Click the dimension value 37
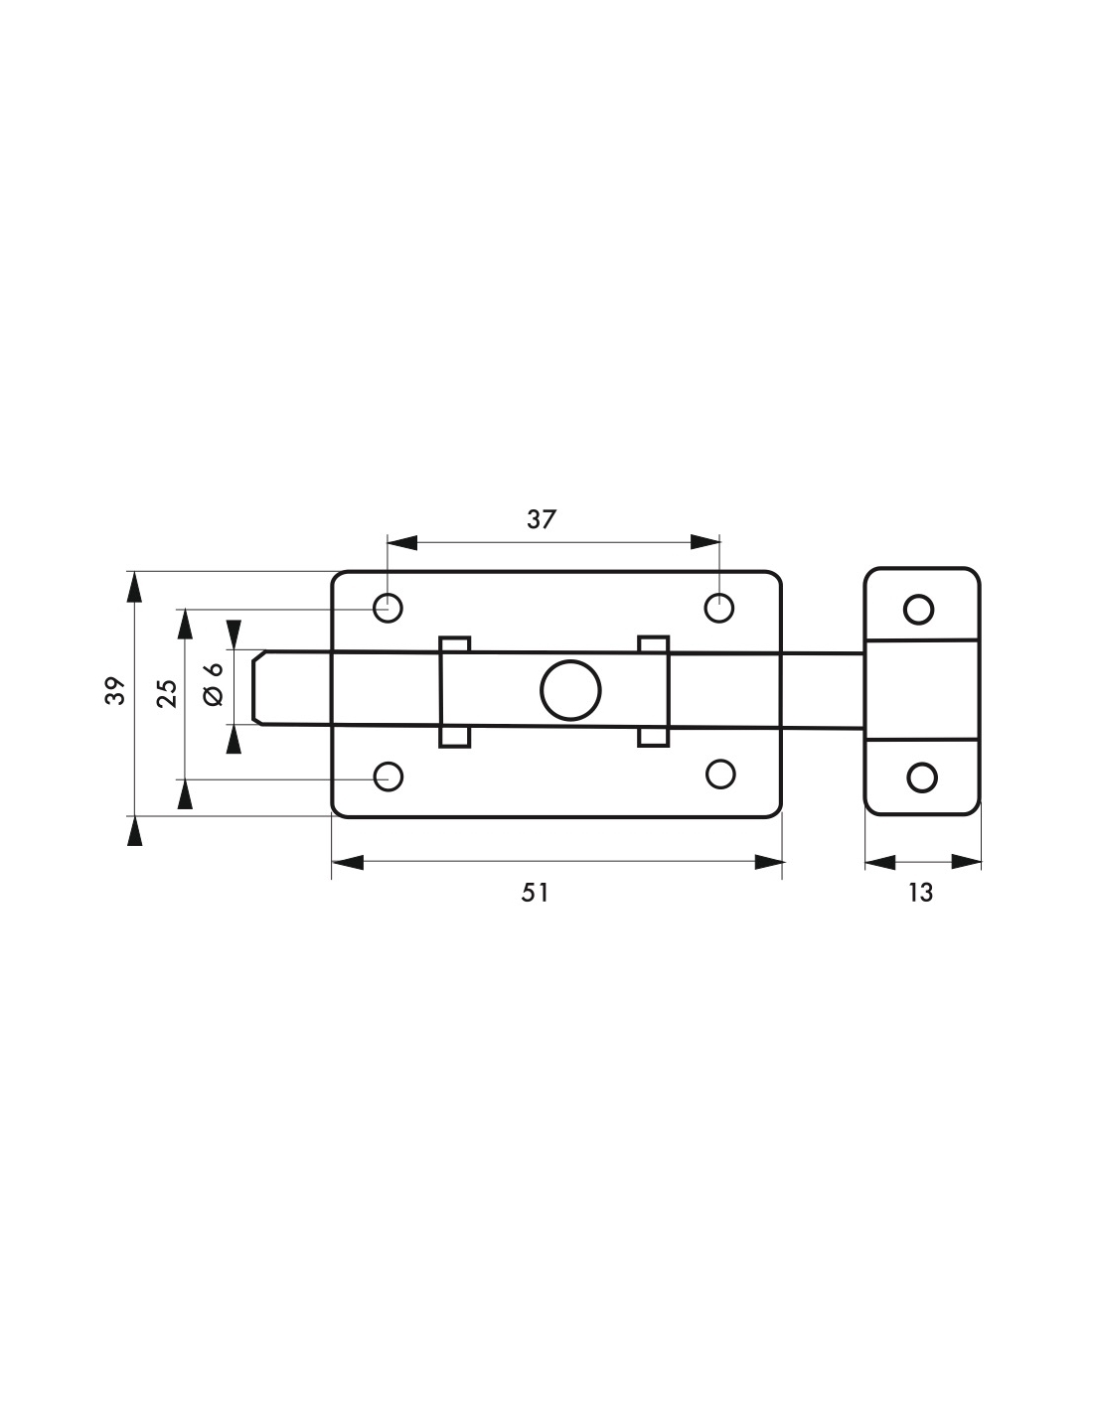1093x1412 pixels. pos(541,519)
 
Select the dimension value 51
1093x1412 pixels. pos(536,893)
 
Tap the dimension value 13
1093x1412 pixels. pos(921,893)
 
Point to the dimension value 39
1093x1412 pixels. pos(116,691)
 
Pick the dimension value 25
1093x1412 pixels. pos(168,693)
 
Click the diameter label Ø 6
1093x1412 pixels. pos(214,683)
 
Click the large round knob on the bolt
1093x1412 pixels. pos(570,690)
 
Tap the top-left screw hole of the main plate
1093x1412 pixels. pos(389,608)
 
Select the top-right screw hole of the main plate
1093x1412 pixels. pos(719,608)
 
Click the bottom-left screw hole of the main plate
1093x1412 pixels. pos(389,777)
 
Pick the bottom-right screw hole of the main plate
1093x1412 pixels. pos(720,774)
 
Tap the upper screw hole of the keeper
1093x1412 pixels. pos(919,610)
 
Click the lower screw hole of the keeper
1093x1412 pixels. pos(922,777)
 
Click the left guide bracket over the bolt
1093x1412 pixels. pos(454,691)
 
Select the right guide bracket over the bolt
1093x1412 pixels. pos(654,691)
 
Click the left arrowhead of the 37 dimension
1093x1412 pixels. pos(401,542)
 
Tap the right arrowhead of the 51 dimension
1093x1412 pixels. pos(768,862)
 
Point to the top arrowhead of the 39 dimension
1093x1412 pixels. pos(134,587)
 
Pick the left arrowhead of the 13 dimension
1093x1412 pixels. pos(879,862)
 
